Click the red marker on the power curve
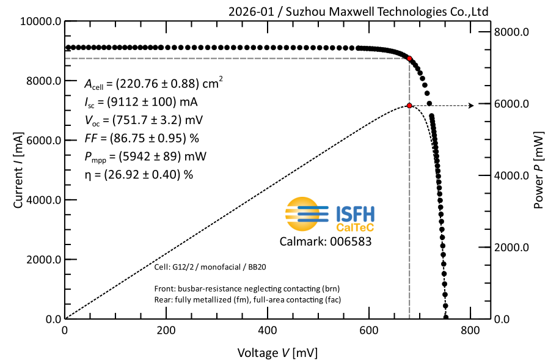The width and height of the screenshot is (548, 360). tap(409, 106)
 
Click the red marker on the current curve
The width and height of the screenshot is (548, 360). tap(410, 59)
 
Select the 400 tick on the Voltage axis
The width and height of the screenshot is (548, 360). tap(268, 331)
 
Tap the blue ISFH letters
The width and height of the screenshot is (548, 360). tap(356, 213)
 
